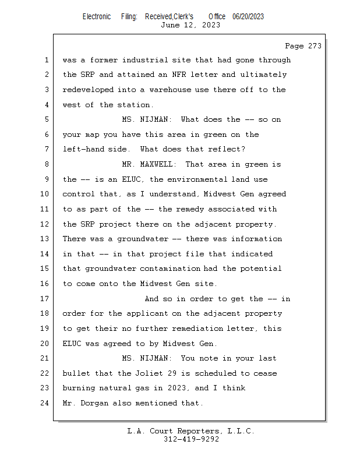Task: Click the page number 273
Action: pyautogui.click(x=315, y=46)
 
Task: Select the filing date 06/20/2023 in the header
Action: pyautogui.click(x=248, y=17)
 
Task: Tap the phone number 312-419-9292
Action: pyautogui.click(x=191, y=439)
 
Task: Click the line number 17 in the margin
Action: pyautogui.click(x=45, y=298)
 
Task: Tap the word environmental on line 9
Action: pyautogui.click(x=197, y=179)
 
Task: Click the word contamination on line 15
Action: pyautogui.click(x=170, y=269)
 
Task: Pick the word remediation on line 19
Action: pyautogui.click(x=197, y=329)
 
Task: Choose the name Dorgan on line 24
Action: pyautogui.click(x=94, y=403)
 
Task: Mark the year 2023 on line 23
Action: pyautogui.click(x=177, y=388)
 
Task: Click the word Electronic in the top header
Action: pyautogui.click(x=97, y=17)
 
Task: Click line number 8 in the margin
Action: pyautogui.click(x=47, y=164)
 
